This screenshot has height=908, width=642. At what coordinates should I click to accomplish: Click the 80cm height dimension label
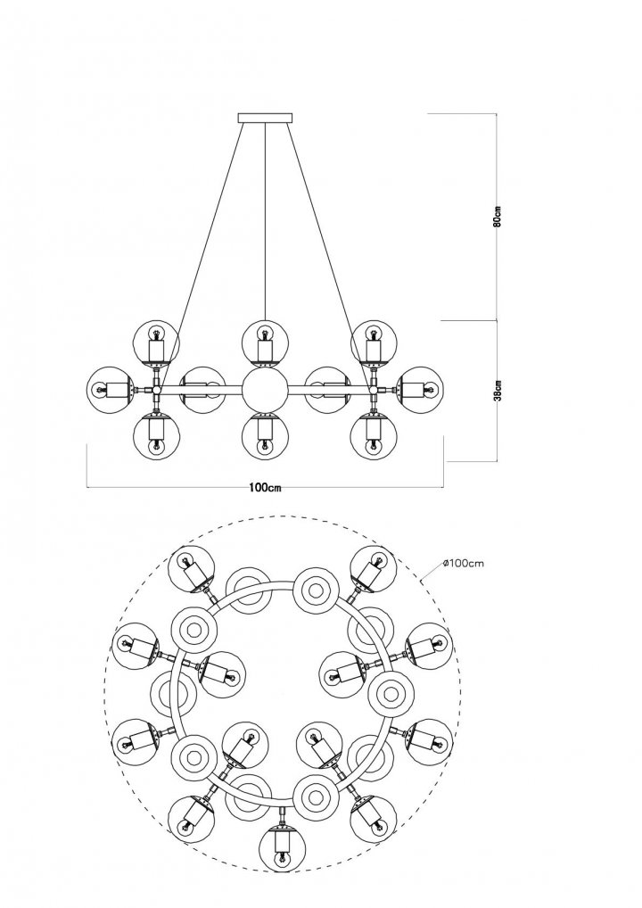pos(498,216)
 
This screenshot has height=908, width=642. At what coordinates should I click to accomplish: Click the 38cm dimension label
pos(498,390)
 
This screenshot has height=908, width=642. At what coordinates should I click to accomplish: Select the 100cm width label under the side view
pos(265,487)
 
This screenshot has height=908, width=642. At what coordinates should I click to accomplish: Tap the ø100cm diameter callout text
pos(463,563)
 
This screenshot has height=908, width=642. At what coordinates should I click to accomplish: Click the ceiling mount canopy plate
pos(265,118)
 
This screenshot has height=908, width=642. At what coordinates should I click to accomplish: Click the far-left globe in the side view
pos(111,389)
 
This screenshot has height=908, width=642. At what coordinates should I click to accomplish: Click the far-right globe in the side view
pos(421,389)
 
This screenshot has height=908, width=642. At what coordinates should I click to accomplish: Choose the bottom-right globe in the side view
pos(374,434)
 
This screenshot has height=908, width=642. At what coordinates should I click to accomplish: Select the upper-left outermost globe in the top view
pos(191,569)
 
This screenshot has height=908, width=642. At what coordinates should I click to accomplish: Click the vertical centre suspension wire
pos(265,222)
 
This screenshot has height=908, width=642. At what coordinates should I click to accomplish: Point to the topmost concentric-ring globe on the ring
pos(316,590)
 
